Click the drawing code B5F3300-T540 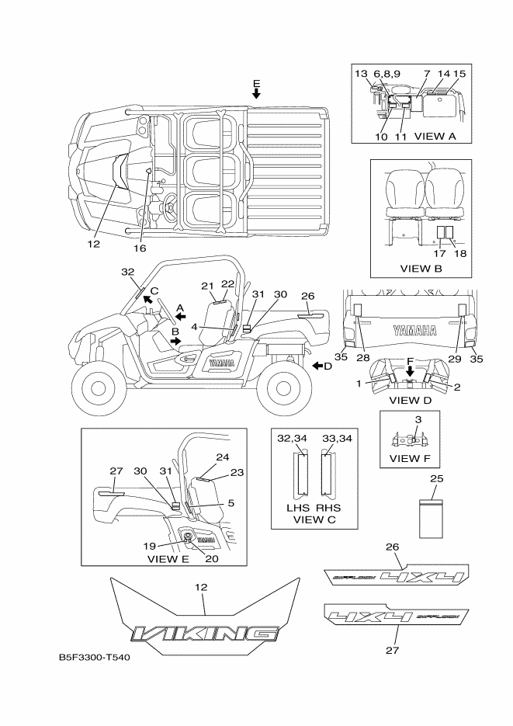(94, 658)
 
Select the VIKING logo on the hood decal (204, 634)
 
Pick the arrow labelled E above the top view (256, 93)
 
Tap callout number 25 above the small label (437, 479)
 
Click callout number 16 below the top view (140, 248)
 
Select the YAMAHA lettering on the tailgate (412, 329)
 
